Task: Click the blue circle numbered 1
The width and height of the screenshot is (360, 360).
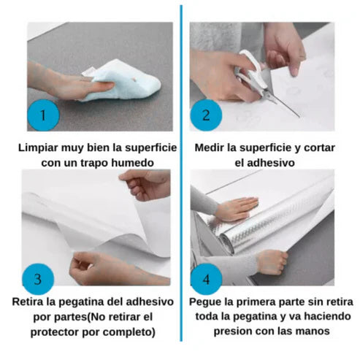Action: pos(43,115)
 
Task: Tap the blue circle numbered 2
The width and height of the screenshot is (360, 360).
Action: pos(206,115)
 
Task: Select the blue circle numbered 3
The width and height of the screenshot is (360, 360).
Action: pos(38,279)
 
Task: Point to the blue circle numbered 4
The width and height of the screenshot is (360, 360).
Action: pos(206,279)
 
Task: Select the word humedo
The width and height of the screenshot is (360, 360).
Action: pos(132,163)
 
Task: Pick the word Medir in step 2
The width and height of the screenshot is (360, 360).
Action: pos(210,148)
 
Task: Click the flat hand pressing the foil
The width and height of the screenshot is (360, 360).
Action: pos(236,209)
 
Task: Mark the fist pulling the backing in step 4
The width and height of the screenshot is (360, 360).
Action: pos(272,261)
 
